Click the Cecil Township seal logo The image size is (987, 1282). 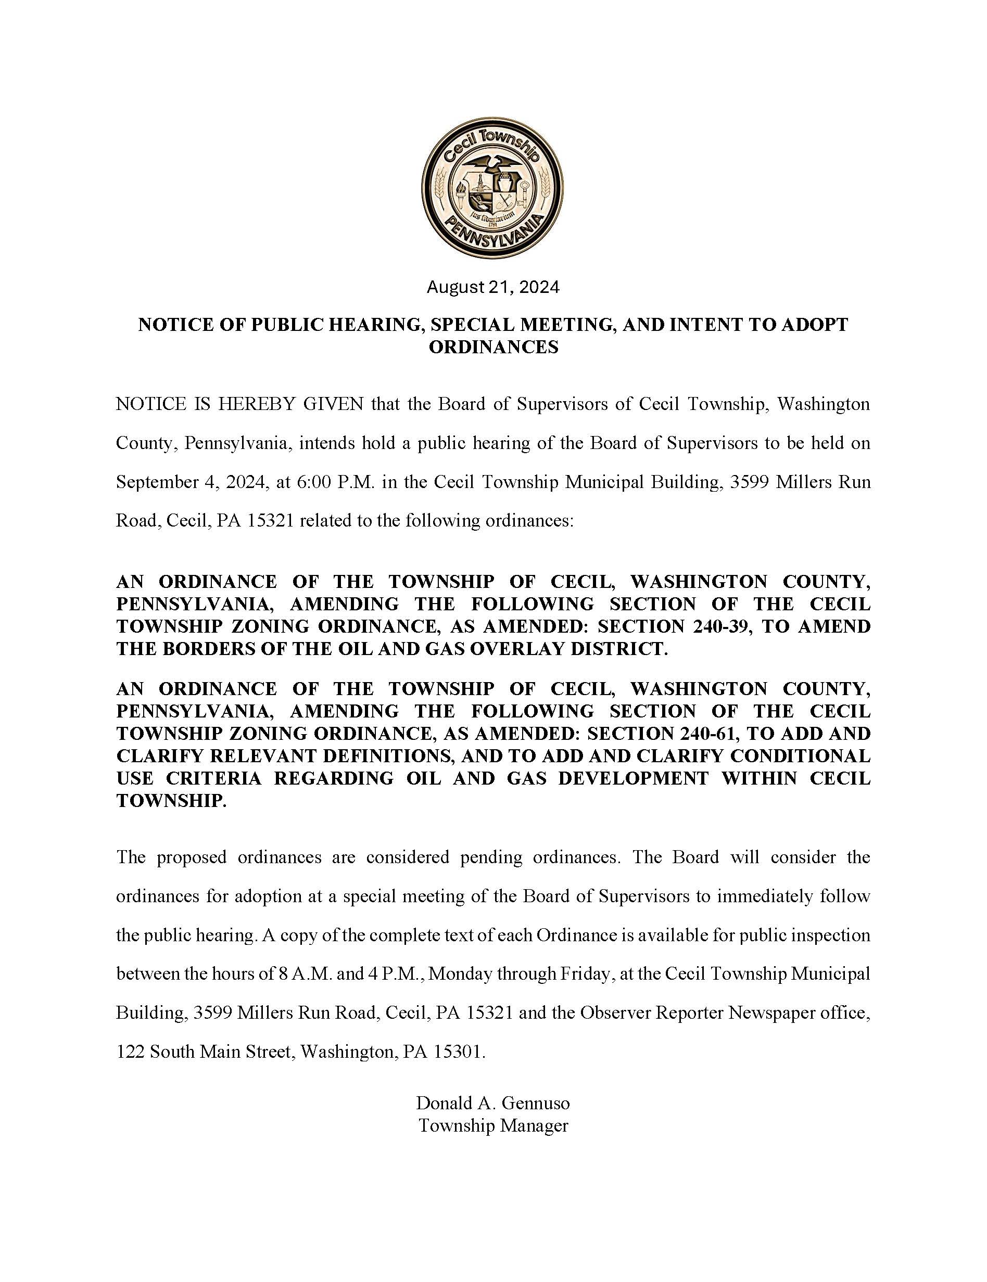coord(492,187)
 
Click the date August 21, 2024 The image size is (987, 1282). coord(492,287)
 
